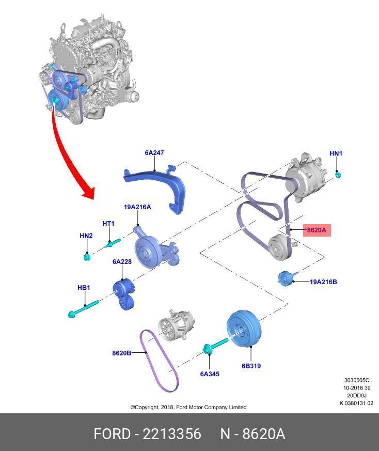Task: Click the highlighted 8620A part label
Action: [x=317, y=230]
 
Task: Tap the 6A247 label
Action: [x=154, y=153]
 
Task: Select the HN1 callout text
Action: [x=336, y=153]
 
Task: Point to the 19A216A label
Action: [x=137, y=207]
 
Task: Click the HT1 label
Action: [x=108, y=224]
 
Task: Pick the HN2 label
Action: [x=86, y=236]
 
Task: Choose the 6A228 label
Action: [x=122, y=262]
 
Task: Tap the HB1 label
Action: [x=84, y=287]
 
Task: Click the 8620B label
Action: [x=121, y=353]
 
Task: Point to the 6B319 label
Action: [x=251, y=366]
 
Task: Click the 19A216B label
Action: [x=323, y=282]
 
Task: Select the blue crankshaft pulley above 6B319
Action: [x=245, y=329]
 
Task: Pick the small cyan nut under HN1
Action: [x=338, y=175]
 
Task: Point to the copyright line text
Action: [x=188, y=407]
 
